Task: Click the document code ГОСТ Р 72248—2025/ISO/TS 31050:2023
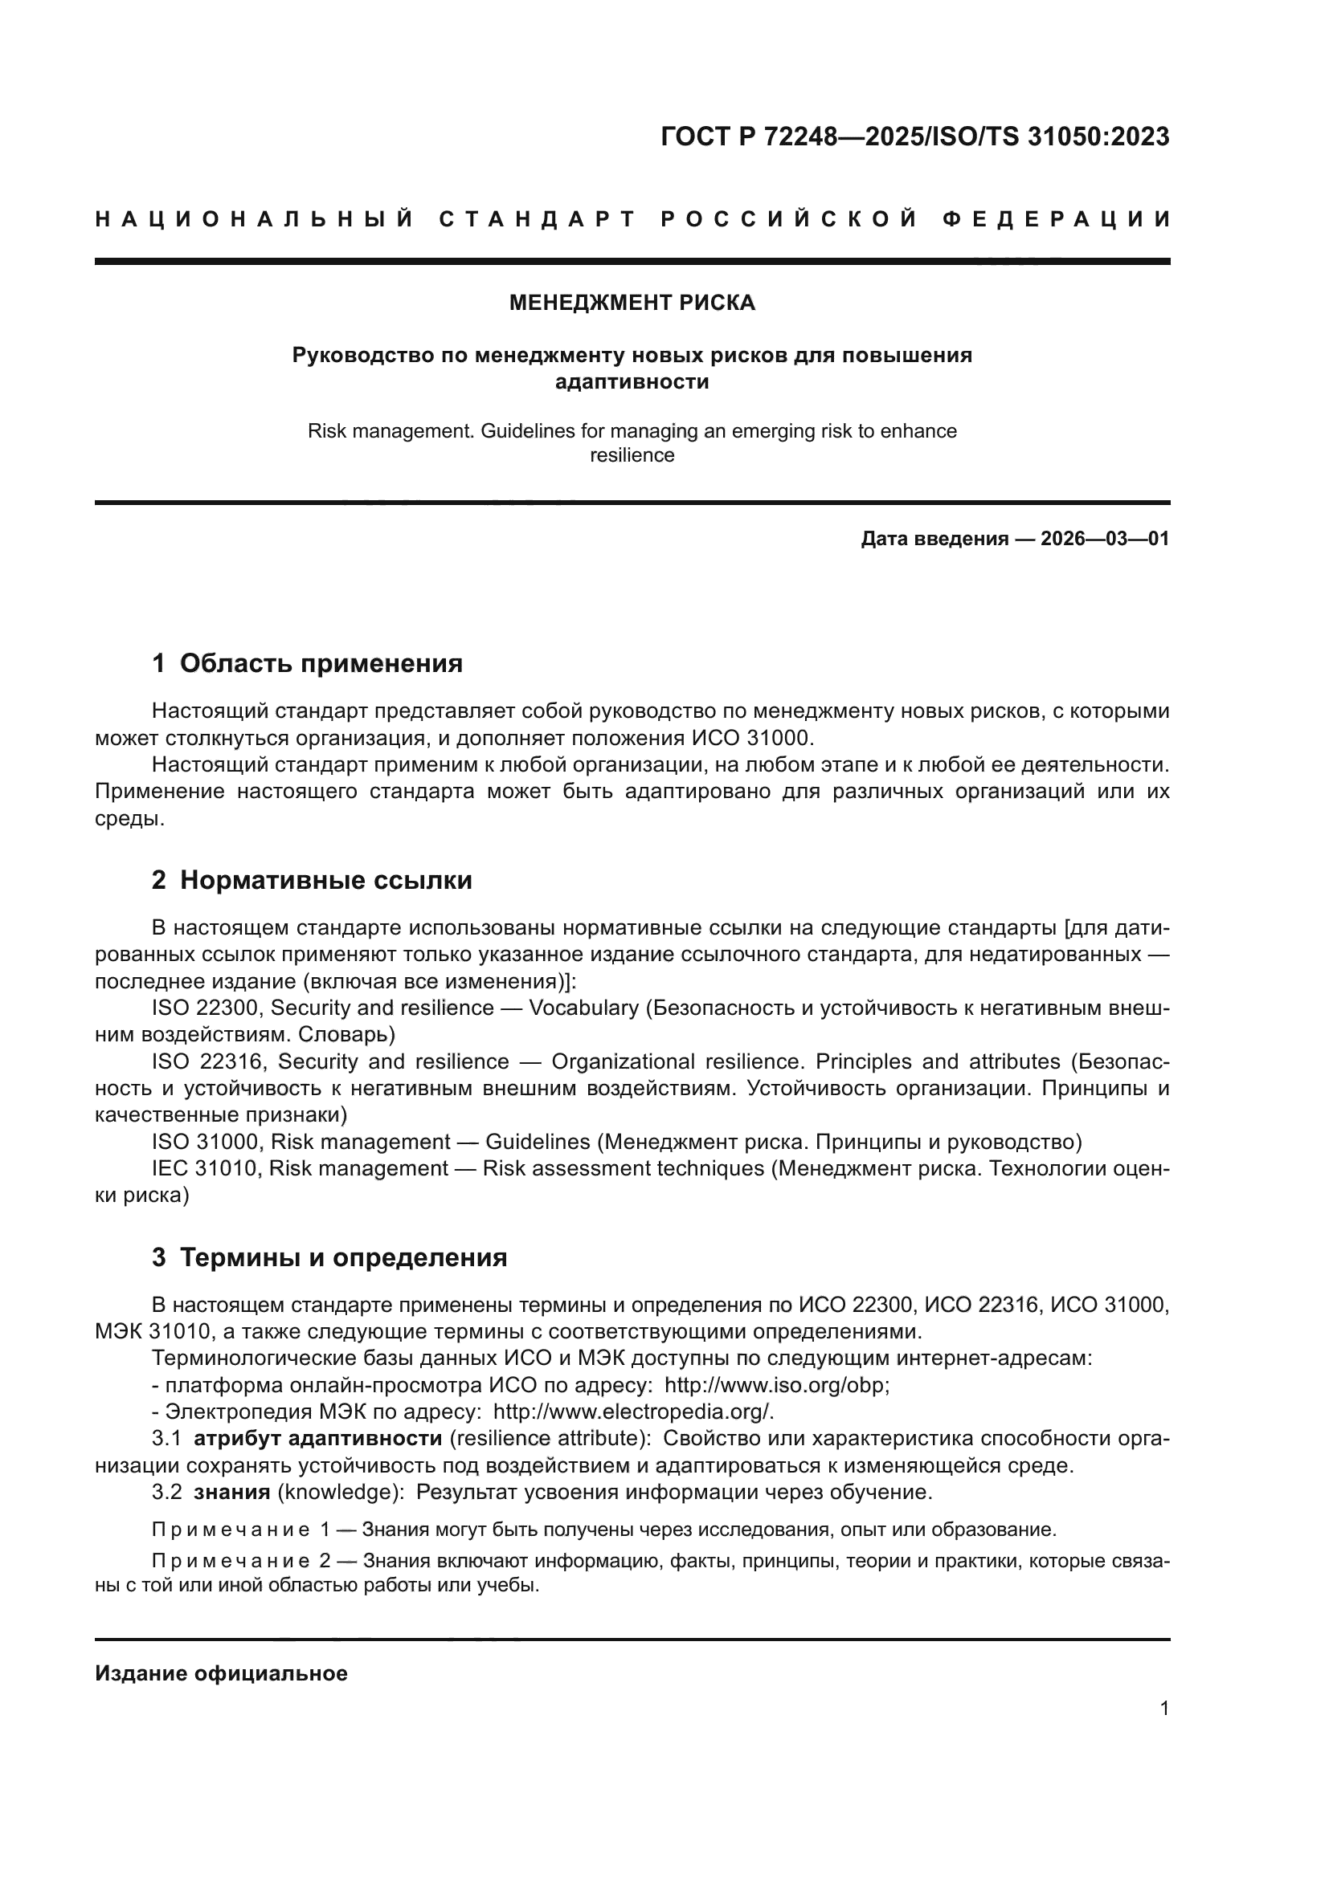pyautogui.click(x=914, y=136)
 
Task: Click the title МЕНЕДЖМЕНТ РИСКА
pyautogui.click(x=632, y=303)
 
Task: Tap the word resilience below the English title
pyautogui.click(x=632, y=455)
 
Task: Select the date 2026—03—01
pyautogui.click(x=1104, y=539)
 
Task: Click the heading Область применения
pyautogui.click(x=321, y=663)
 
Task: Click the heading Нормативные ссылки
pyautogui.click(x=325, y=881)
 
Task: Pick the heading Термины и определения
pyautogui.click(x=343, y=1258)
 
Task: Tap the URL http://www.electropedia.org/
pyautogui.click(x=632, y=1412)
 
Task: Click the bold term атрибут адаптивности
pyautogui.click(x=317, y=1440)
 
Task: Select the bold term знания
pyautogui.click(x=231, y=1493)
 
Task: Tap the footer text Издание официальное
pyautogui.click(x=221, y=1673)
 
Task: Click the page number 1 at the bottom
pyautogui.click(x=1163, y=1709)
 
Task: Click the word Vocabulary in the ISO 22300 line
pyautogui.click(x=583, y=1008)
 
